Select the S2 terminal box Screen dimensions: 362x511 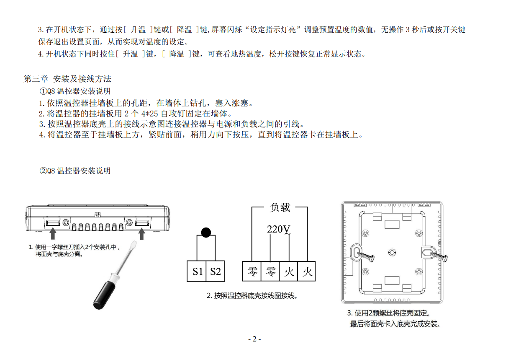[x=216, y=271]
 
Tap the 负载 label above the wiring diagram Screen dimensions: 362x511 [x=280, y=207]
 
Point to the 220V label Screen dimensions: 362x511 [x=278, y=229]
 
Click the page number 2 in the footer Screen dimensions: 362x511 [x=254, y=339]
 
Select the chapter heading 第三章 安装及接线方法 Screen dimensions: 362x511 [x=67, y=79]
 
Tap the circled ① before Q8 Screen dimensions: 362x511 [x=43, y=91]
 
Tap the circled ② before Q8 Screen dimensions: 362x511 [x=43, y=171]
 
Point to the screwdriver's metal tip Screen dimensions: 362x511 [x=133, y=245]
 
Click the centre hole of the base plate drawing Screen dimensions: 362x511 [x=392, y=252]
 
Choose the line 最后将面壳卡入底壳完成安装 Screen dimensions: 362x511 [x=395, y=324]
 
